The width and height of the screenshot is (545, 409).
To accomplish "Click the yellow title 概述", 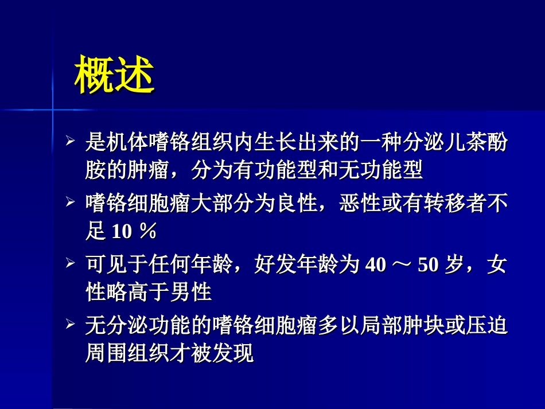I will point(114,75).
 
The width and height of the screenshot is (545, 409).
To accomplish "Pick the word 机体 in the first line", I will point(127,142).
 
